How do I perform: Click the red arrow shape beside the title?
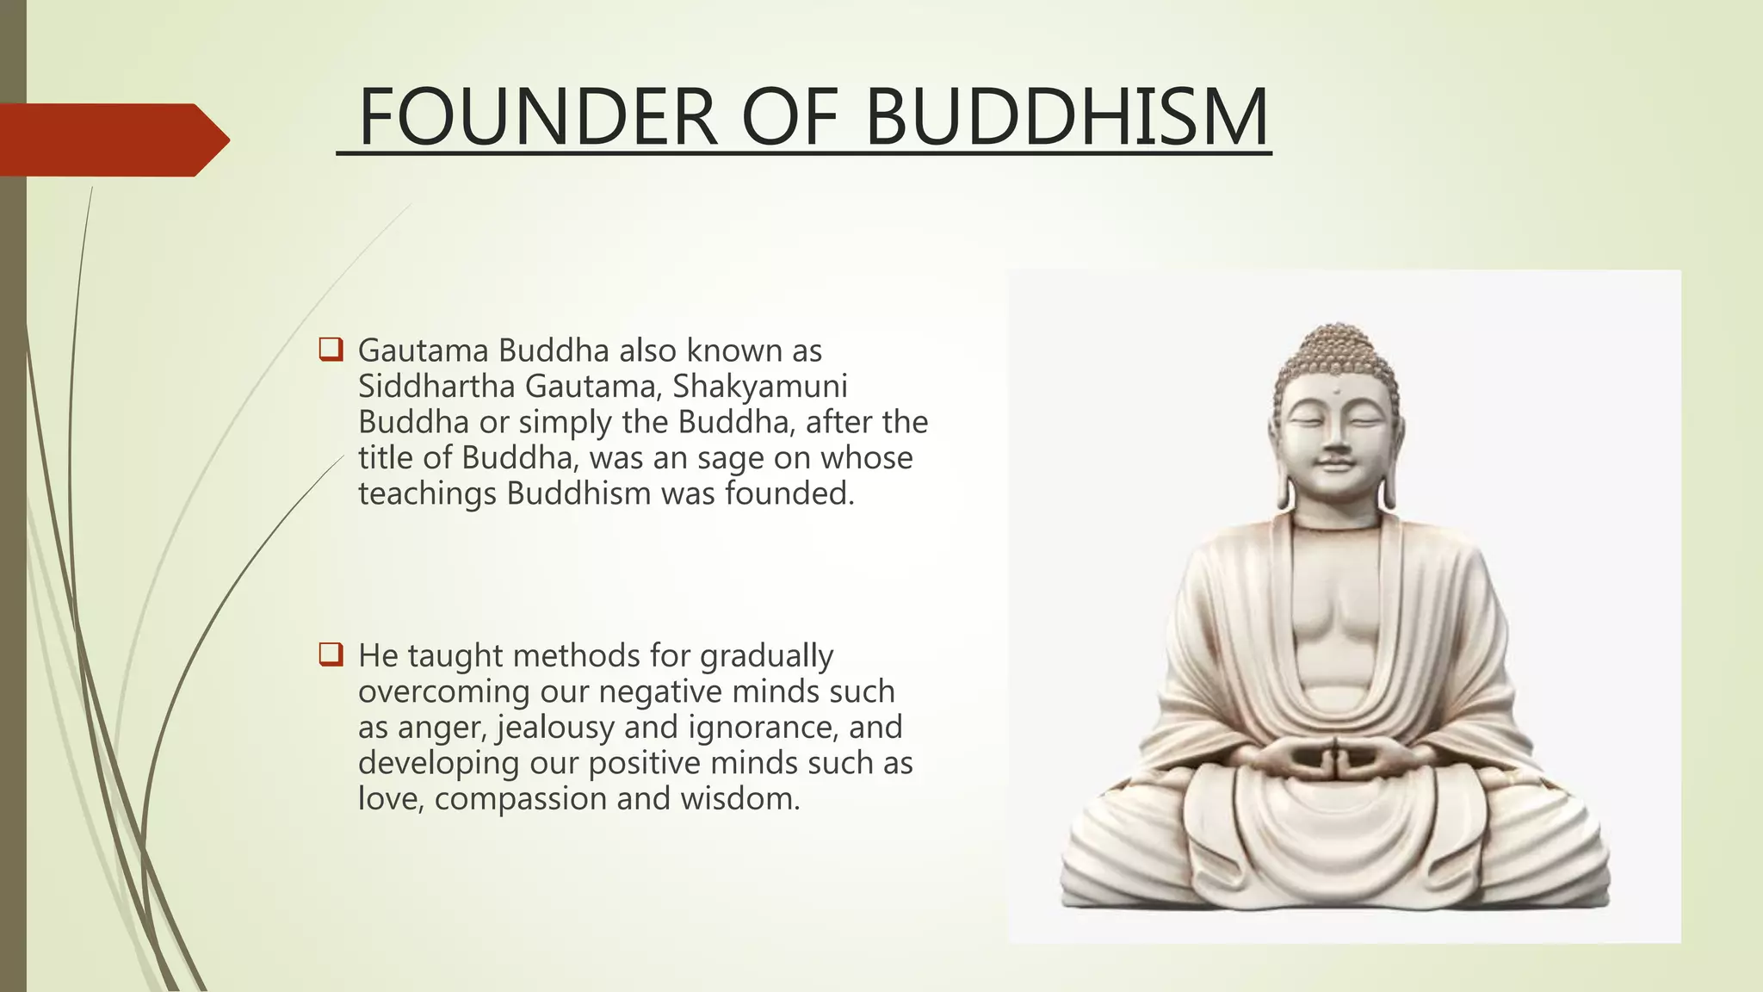coord(112,139)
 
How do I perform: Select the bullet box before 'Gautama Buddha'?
coord(331,350)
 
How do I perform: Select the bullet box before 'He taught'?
coord(331,654)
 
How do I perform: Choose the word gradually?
coord(766,656)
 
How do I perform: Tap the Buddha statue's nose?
coord(1335,441)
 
